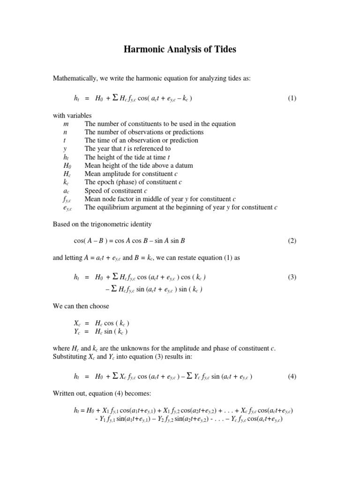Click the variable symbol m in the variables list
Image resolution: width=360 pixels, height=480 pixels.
pyautogui.click(x=66, y=124)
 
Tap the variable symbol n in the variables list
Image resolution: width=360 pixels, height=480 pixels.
pyautogui.click(x=65, y=132)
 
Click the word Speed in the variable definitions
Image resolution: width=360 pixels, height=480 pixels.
pyautogui.click(x=93, y=191)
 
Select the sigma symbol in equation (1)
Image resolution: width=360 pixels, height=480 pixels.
pyautogui.click(x=115, y=98)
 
